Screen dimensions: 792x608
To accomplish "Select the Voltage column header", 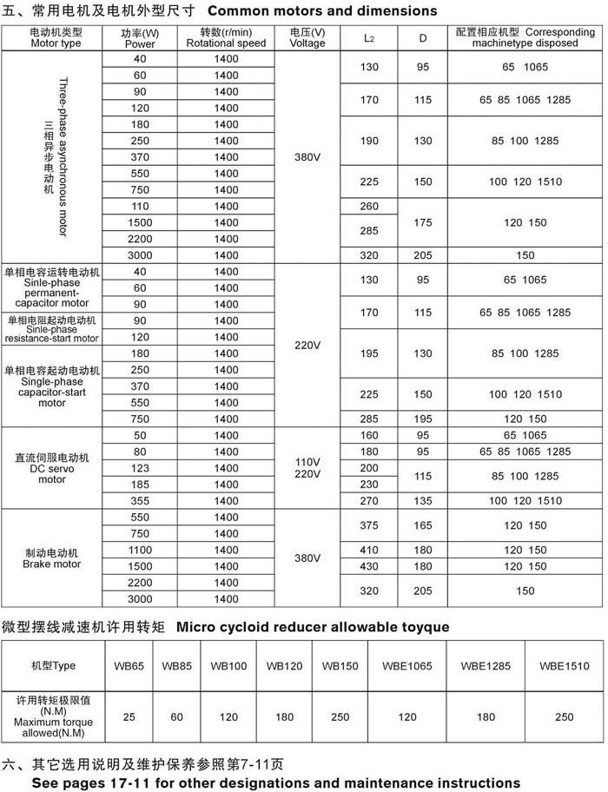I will pyautogui.click(x=307, y=37).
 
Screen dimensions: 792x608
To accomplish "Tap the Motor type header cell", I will pyautogui.click(x=53, y=37).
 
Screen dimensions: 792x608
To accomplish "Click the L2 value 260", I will pyautogui.click(x=369, y=206).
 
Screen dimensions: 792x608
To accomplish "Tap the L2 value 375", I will pyautogui.click(x=369, y=525).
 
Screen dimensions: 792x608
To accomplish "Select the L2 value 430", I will pyautogui.click(x=369, y=566).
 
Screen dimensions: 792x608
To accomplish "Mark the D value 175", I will pyautogui.click(x=423, y=222).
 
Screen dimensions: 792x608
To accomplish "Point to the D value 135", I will pyautogui.click(x=423, y=501).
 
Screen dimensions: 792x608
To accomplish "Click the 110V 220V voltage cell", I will pyautogui.click(x=307, y=468).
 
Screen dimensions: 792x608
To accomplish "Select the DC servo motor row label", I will pyautogui.click(x=53, y=468).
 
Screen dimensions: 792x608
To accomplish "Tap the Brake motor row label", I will pyautogui.click(x=53, y=558).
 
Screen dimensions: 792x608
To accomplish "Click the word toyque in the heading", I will pyautogui.click(x=420, y=627).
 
